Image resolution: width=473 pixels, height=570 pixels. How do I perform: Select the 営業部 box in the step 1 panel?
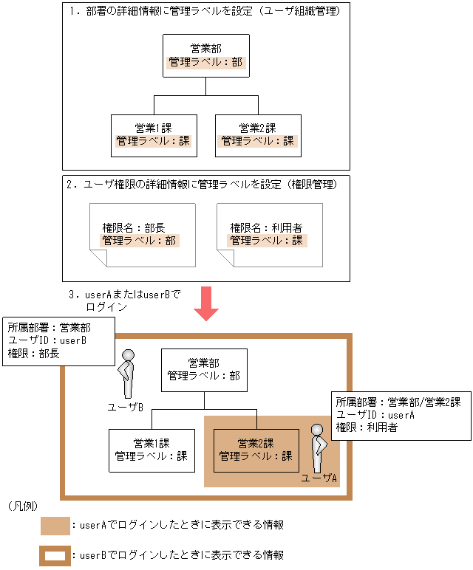pyautogui.click(x=205, y=55)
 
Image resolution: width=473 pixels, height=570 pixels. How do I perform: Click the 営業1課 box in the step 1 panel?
pyautogui.click(x=154, y=135)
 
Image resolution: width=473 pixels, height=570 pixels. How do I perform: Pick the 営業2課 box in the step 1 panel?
pyautogui.click(x=258, y=135)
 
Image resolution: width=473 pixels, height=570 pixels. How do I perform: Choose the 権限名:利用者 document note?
pyautogui.click(x=269, y=236)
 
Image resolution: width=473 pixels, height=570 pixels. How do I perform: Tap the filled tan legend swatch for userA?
pyautogui.click(x=55, y=526)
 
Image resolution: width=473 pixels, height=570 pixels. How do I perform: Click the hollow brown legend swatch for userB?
pyautogui.click(x=55, y=554)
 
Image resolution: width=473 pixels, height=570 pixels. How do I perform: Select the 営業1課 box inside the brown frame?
pyautogui.click(x=152, y=450)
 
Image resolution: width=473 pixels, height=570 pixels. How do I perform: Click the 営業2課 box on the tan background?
pyautogui.click(x=256, y=450)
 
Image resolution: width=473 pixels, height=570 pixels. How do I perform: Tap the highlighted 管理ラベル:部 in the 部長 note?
pyautogui.click(x=140, y=241)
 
